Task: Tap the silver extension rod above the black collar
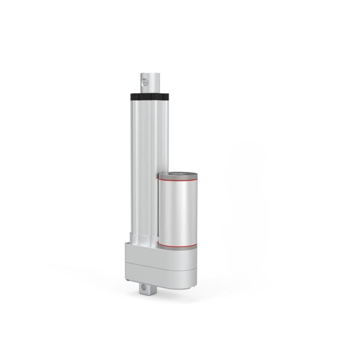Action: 152,85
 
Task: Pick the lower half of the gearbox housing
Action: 157,275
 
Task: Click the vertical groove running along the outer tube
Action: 151,169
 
